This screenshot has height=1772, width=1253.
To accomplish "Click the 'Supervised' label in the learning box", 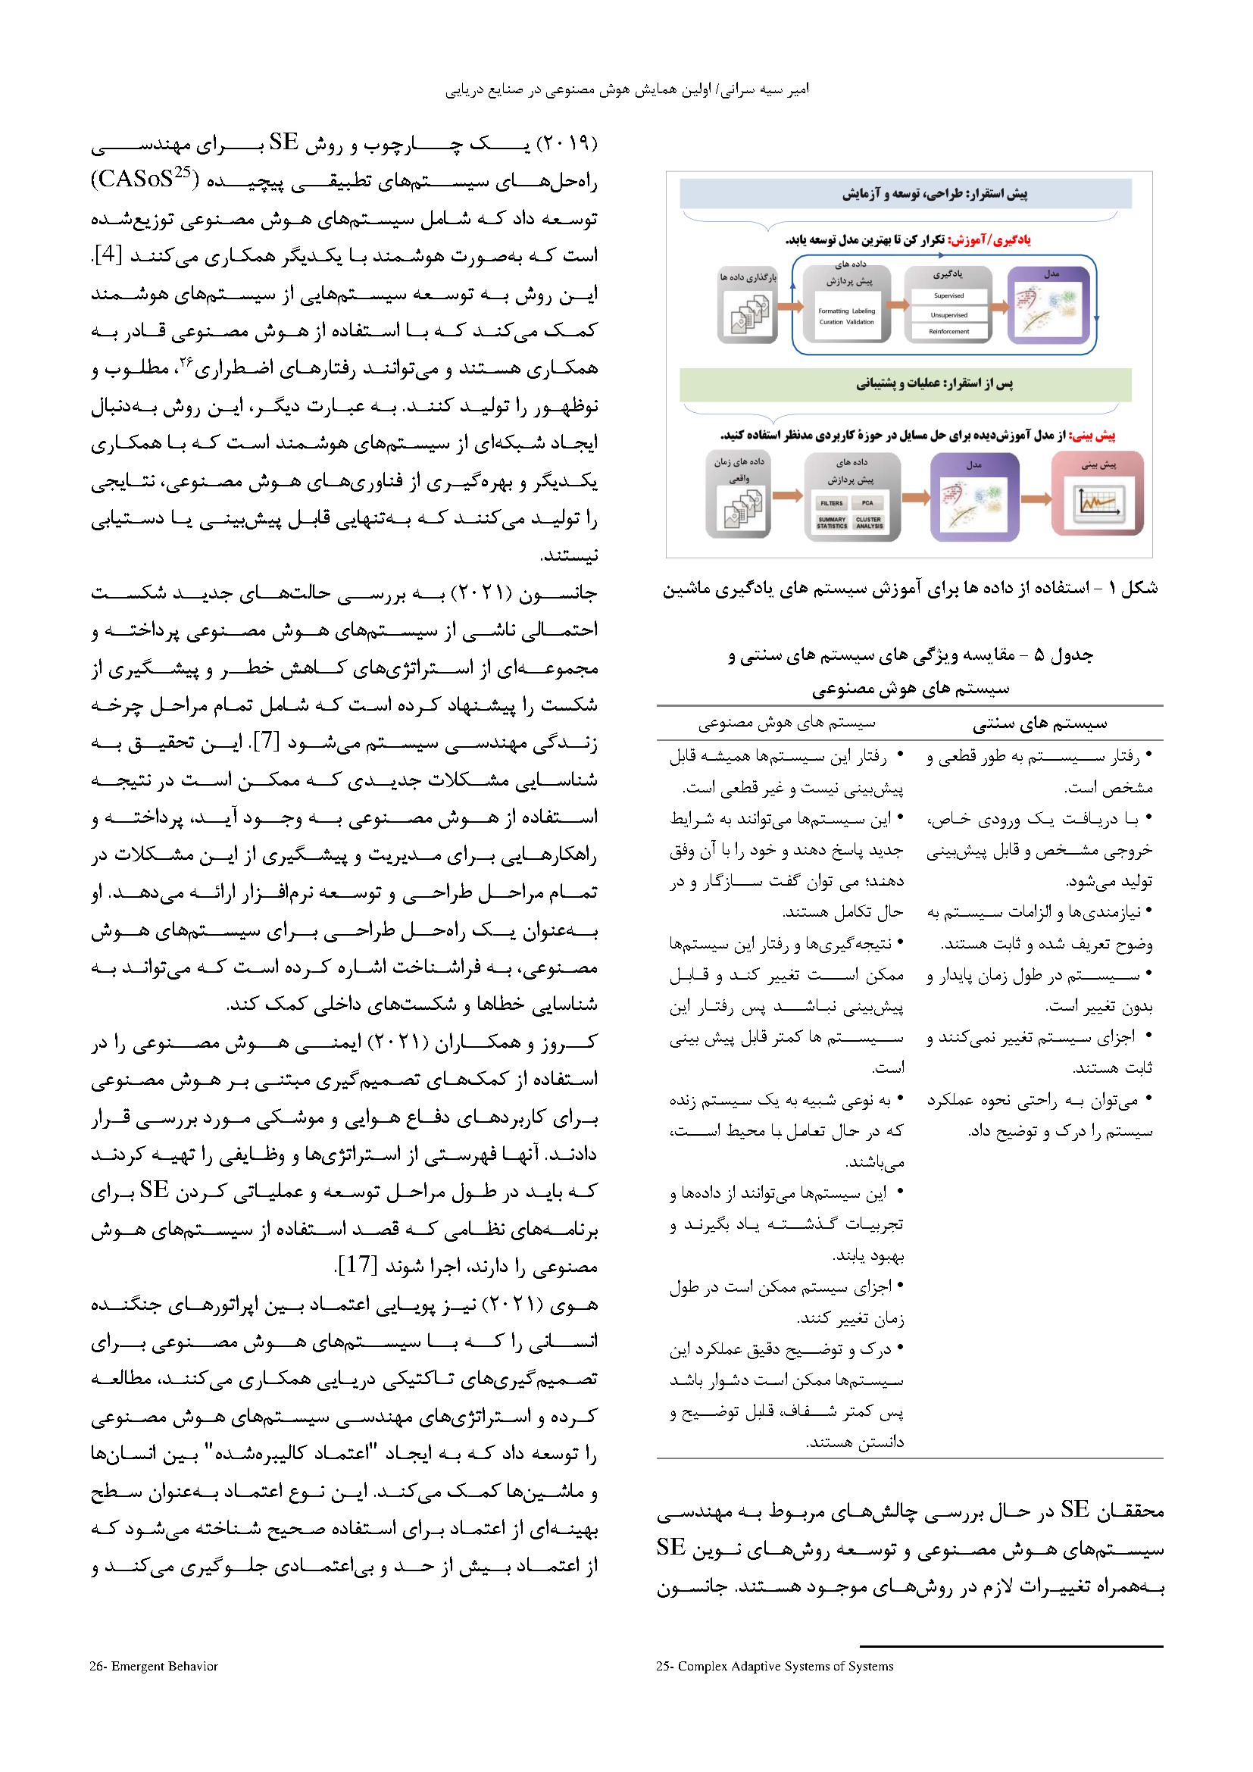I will pyautogui.click(x=948, y=295).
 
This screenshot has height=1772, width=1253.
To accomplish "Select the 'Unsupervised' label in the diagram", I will pyautogui.click(x=948, y=315).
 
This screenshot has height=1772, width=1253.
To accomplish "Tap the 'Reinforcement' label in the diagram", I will pyautogui.click(x=948, y=332).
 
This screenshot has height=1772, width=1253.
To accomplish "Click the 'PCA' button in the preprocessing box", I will pyautogui.click(x=868, y=502).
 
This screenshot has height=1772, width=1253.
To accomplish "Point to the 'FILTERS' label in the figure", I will pyautogui.click(x=832, y=502).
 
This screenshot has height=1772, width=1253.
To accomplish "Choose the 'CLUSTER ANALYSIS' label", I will pyautogui.click(x=868, y=523).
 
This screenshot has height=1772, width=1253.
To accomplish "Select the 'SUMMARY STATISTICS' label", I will pyautogui.click(x=832, y=523).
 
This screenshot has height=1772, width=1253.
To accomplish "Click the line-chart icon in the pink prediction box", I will pyautogui.click(x=1098, y=502).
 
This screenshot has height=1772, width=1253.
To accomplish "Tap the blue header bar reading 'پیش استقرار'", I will pyautogui.click(x=906, y=194).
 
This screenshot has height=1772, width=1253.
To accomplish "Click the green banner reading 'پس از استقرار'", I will pyautogui.click(x=906, y=383).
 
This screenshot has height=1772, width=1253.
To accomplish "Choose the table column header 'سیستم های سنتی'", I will pyautogui.click(x=1039, y=724).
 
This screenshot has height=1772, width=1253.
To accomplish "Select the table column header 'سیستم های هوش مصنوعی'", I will pyautogui.click(x=786, y=724).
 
